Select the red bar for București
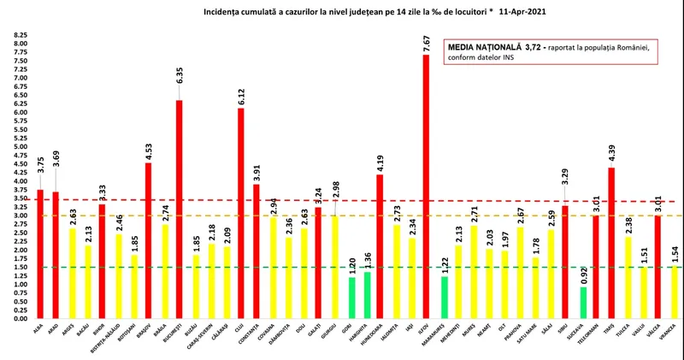click(180, 210)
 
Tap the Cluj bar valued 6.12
click(241, 214)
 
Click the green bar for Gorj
click(351, 298)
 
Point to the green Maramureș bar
click(444, 298)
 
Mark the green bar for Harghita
click(367, 295)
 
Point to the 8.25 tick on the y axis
click(21, 36)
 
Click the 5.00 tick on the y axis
click(21, 147)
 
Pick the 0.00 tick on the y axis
click(21, 318)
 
